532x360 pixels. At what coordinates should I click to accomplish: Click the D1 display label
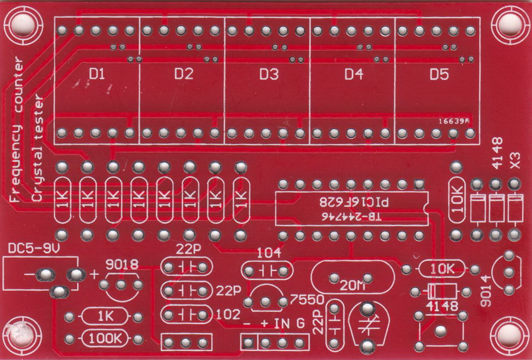coord(97,75)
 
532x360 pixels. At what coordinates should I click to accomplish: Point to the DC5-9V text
coord(34,249)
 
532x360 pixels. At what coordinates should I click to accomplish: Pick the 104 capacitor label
coord(269,253)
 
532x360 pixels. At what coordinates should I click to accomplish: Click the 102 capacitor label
coord(229,315)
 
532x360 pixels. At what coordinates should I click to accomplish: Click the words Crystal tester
coord(38,149)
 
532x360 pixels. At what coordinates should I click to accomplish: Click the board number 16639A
coord(453,121)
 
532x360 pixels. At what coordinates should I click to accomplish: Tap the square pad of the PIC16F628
coord(419,184)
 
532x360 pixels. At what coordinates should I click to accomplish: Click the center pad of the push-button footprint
coord(440,330)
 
